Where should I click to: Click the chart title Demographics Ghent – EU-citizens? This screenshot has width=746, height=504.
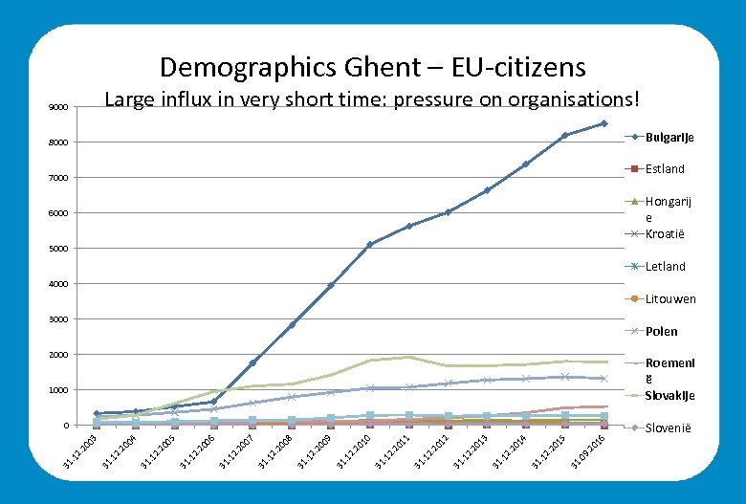372,67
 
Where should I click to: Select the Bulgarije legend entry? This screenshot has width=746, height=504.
669,138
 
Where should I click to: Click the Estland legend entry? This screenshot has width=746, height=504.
665,169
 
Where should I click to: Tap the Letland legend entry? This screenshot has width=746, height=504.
665,267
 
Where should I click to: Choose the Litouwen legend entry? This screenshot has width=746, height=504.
669,299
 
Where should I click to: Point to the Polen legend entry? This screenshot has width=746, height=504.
661,332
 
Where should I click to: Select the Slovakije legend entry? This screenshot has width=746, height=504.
669,396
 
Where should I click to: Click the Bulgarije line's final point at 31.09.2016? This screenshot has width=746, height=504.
603,123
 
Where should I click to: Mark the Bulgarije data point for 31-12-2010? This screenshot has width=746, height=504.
369,245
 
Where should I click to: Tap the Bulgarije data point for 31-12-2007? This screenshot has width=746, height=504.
252,362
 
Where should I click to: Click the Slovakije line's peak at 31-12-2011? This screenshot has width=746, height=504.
408,357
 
